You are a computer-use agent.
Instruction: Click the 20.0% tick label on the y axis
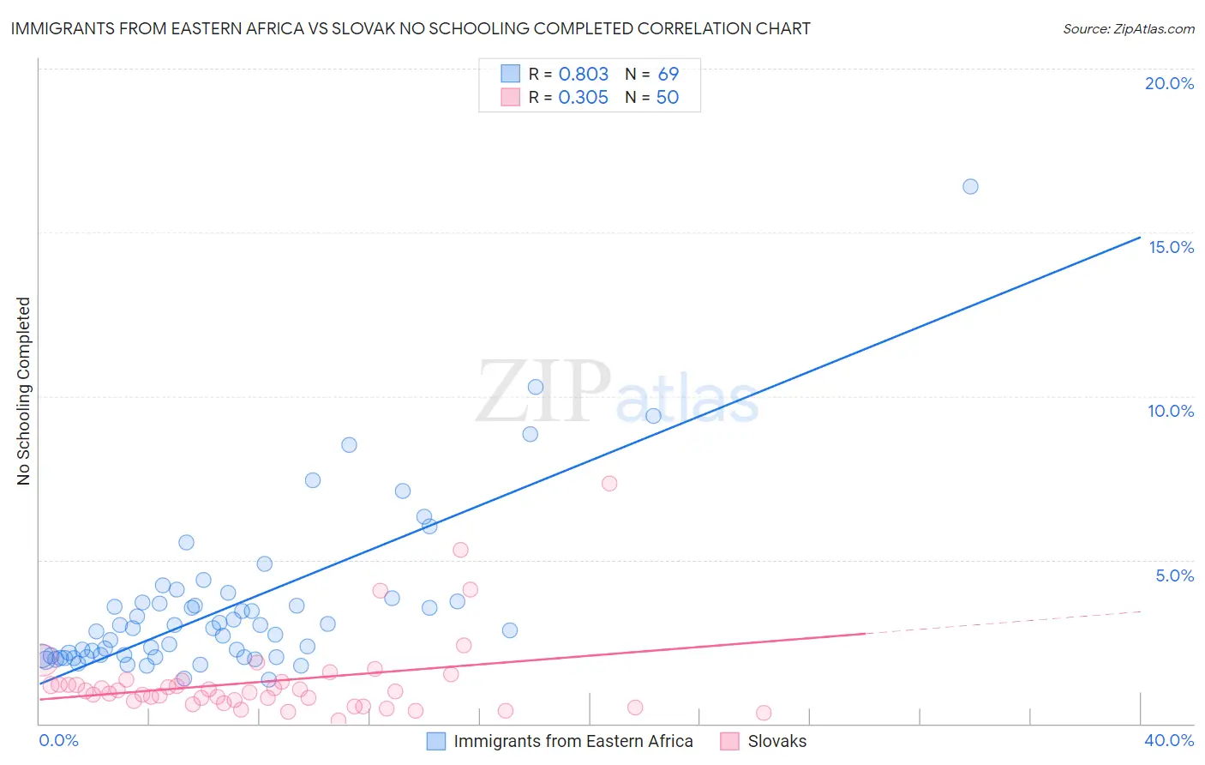pyautogui.click(x=1169, y=83)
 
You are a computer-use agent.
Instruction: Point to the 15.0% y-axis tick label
pyautogui.click(x=1171, y=247)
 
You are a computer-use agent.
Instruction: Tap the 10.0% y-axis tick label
pyautogui.click(x=1171, y=411)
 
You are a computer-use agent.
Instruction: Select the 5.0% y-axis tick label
pyautogui.click(x=1174, y=575)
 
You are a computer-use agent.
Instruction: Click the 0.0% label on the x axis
pyautogui.click(x=58, y=740)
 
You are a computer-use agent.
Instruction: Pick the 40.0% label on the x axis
pyautogui.click(x=1169, y=740)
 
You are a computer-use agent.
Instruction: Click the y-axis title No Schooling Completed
pyautogui.click(x=24, y=391)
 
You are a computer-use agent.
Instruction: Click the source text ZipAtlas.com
pyautogui.click(x=1129, y=29)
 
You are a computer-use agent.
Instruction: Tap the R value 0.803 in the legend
pyautogui.click(x=583, y=75)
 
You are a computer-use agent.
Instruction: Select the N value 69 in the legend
pyautogui.click(x=668, y=75)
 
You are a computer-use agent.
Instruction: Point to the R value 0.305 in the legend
pyautogui.click(x=583, y=98)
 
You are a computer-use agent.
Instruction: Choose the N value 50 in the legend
pyautogui.click(x=667, y=98)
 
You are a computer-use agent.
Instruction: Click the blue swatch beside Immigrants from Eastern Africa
pyautogui.click(x=436, y=741)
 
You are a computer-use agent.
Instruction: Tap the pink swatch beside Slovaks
pyautogui.click(x=729, y=741)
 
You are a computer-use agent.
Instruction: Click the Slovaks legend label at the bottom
pyautogui.click(x=776, y=741)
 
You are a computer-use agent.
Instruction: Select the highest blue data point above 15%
pyautogui.click(x=970, y=187)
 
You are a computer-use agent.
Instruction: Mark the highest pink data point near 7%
pyautogui.click(x=609, y=484)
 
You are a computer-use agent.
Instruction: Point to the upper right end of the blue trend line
pyautogui.click(x=1140, y=238)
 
